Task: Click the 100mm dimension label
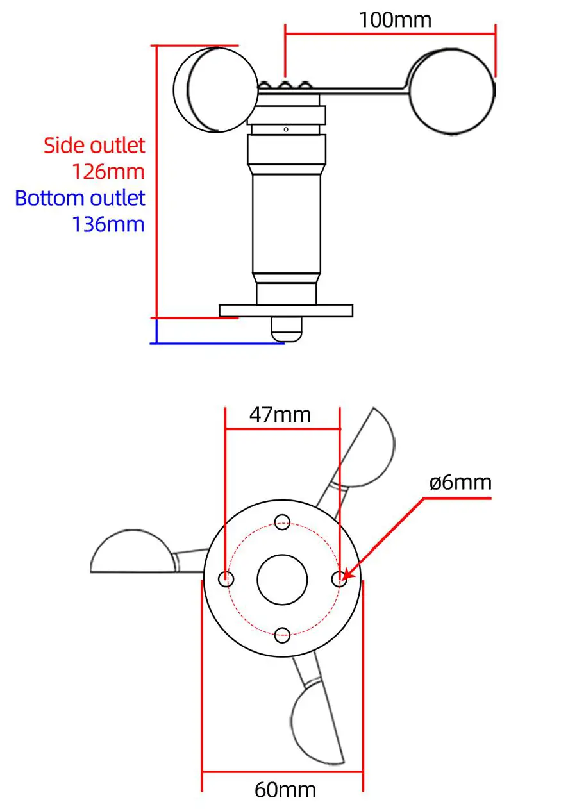point(395,19)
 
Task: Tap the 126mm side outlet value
point(108,172)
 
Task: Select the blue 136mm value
point(108,224)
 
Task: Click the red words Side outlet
point(94,145)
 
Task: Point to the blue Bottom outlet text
point(80,197)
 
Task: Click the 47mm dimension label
point(280,415)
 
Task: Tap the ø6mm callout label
point(460,482)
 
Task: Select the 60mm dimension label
point(285,789)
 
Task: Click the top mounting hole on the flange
point(282,521)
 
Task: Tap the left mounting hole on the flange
point(226,579)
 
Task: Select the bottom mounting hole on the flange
point(282,635)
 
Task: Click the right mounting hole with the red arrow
point(339,579)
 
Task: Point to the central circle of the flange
point(282,579)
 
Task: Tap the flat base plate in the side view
point(286,311)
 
